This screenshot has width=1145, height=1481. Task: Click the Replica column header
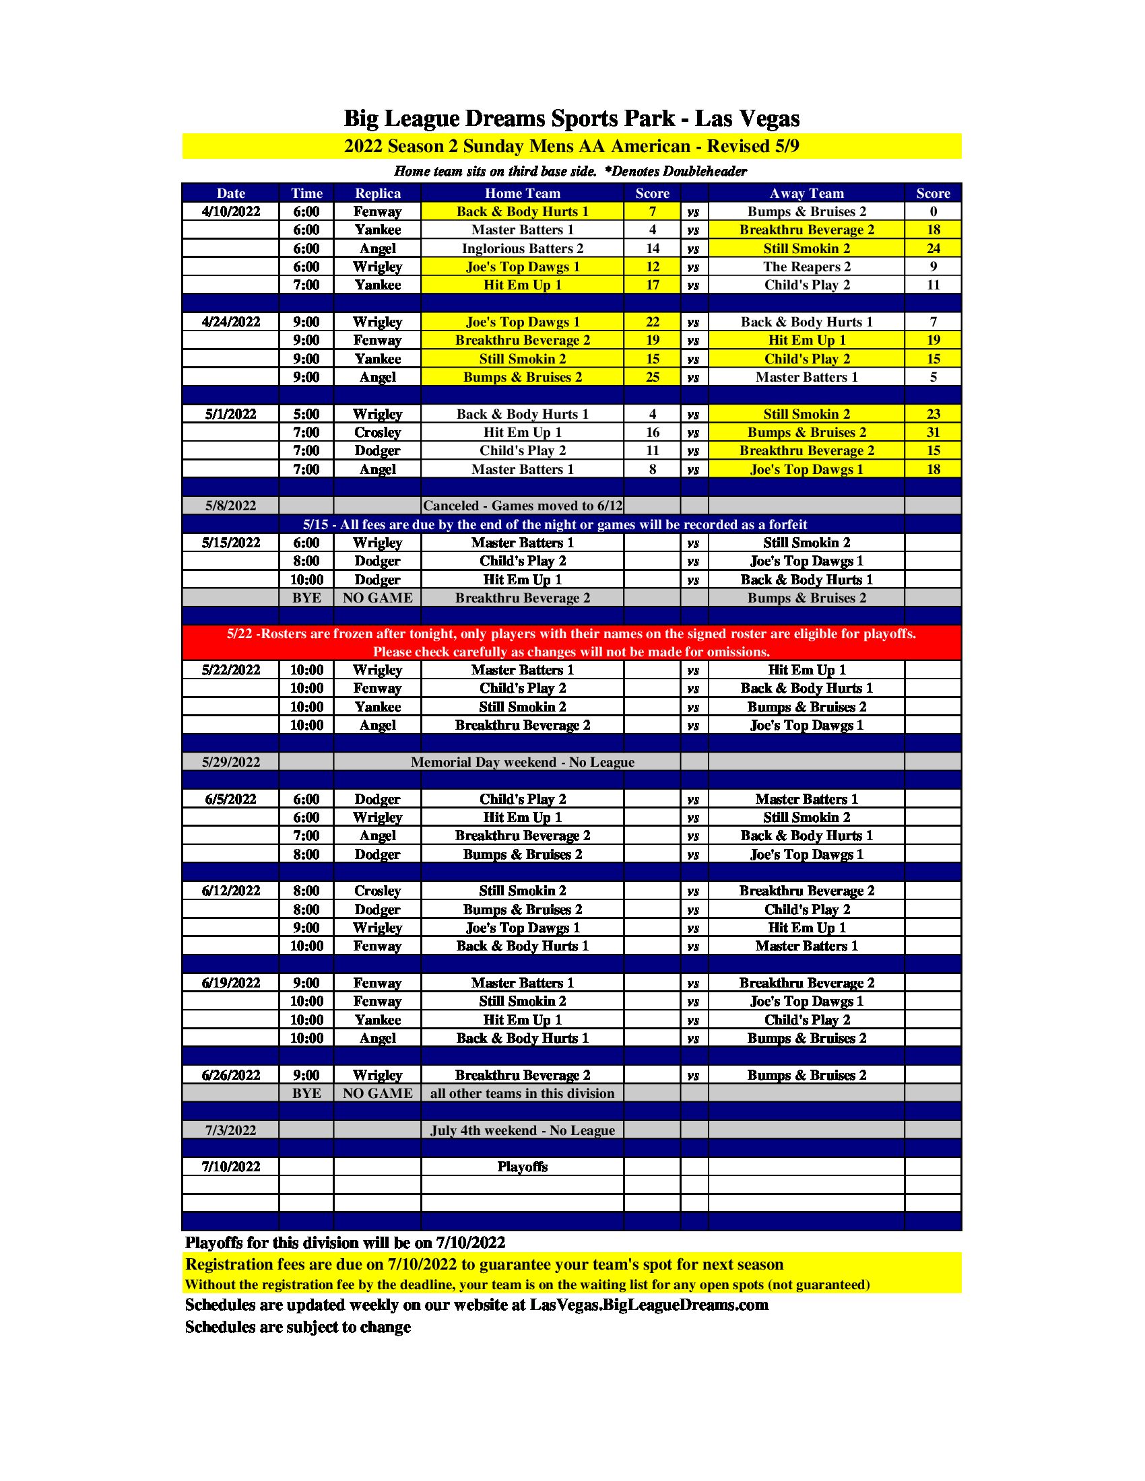(377, 193)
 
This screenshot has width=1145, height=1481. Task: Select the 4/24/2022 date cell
(230, 322)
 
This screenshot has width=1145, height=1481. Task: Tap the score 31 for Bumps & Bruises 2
(933, 433)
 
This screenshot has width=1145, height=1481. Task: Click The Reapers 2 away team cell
(806, 267)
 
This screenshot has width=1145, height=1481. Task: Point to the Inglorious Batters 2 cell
(522, 249)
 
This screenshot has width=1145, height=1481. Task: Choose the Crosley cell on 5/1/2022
(377, 433)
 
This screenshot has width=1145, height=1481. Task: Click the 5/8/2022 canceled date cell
(230, 506)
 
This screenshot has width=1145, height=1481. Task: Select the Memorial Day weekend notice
(522, 762)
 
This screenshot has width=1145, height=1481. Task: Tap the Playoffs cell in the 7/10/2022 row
(522, 1167)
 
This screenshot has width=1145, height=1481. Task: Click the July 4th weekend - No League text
(522, 1130)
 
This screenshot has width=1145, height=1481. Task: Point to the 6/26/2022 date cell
(230, 1075)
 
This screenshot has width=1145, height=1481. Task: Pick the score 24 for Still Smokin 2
(933, 249)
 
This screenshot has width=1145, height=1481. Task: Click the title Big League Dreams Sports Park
(571, 118)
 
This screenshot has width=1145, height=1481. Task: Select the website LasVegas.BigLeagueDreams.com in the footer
(649, 1305)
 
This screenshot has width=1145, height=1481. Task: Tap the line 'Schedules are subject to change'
(298, 1327)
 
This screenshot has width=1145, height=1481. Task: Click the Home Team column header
(522, 193)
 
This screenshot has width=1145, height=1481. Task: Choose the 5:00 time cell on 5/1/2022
(306, 414)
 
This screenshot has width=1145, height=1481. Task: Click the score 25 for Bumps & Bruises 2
(652, 377)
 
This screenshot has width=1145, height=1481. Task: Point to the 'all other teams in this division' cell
(522, 1093)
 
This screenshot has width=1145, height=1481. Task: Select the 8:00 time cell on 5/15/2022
(306, 561)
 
